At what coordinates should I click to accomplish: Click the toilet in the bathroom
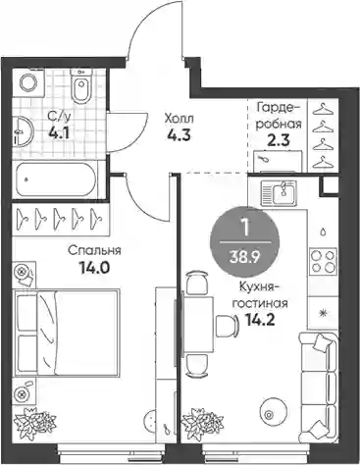pyautogui.click(x=81, y=86)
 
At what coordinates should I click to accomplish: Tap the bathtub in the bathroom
pyautogui.click(x=56, y=180)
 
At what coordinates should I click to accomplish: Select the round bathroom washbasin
pyautogui.click(x=24, y=131)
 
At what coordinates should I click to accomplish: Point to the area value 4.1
pyautogui.click(x=59, y=133)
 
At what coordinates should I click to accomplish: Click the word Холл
pyautogui.click(x=179, y=119)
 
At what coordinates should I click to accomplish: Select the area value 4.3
pyautogui.click(x=178, y=135)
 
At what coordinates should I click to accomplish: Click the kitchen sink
pyautogui.click(x=279, y=192)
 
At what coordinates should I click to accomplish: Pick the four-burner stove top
pyautogui.click(x=324, y=261)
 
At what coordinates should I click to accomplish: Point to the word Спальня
pyautogui.click(x=94, y=251)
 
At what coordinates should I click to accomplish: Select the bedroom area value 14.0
pyautogui.click(x=93, y=269)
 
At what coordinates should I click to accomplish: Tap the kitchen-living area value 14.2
pyautogui.click(x=260, y=321)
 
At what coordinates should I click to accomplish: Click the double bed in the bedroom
pyautogui.click(x=67, y=333)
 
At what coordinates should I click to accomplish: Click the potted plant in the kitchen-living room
pyautogui.click(x=203, y=421)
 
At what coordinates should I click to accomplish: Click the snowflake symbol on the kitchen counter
pyautogui.click(x=323, y=313)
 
